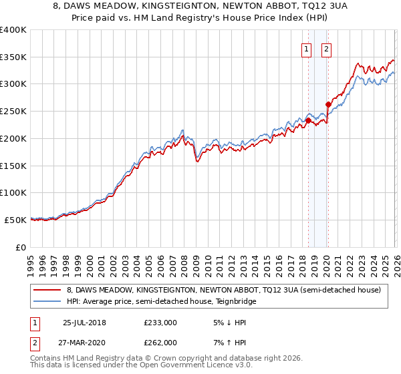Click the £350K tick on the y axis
click(13, 57)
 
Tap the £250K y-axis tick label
click(13, 112)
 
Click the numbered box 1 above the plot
click(306, 48)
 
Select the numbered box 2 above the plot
click(326, 48)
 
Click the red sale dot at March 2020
click(328, 104)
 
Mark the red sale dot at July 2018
click(308, 120)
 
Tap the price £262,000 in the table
click(160, 342)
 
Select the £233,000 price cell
click(160, 322)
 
